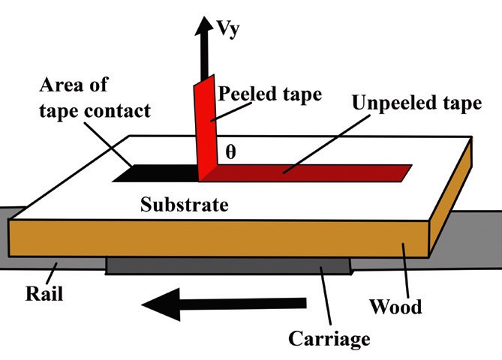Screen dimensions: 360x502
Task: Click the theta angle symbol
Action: [x=230, y=151]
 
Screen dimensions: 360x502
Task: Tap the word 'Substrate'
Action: [x=185, y=204]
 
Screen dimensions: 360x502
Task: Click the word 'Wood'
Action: [x=396, y=306]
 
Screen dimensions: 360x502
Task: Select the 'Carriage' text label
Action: [x=330, y=338]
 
